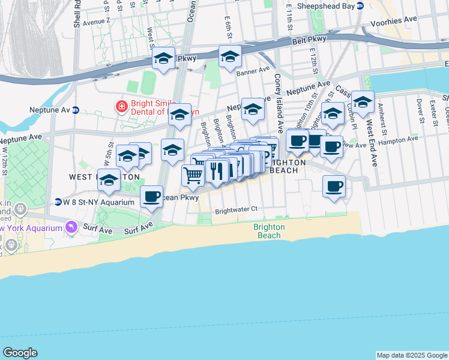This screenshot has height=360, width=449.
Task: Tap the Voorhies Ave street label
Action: coord(401,20)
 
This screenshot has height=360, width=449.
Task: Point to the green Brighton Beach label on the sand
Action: coord(268,231)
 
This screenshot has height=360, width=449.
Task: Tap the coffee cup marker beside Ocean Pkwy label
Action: coord(152,196)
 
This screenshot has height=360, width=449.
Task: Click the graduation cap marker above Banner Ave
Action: coord(230,57)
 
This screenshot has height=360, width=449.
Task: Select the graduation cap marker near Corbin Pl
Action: coord(363,103)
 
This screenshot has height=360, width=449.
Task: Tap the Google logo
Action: coord(20,353)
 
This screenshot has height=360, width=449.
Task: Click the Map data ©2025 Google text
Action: coord(412,355)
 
